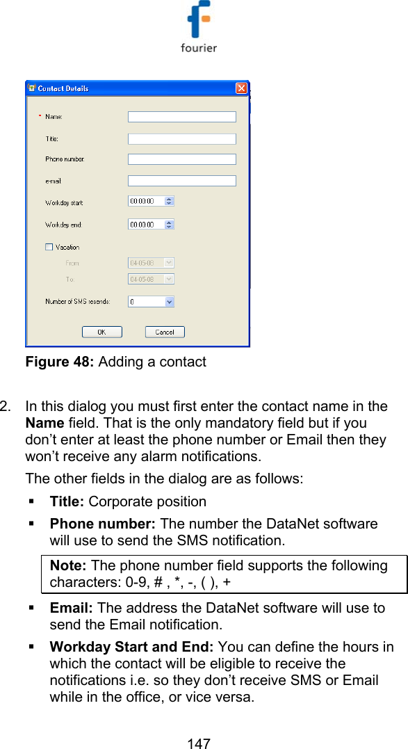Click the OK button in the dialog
[x=101, y=332]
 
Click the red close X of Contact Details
[x=241, y=88]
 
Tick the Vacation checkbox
[x=49, y=246]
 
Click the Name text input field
[x=182, y=117]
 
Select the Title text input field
[x=182, y=139]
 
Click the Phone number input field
[x=182, y=159]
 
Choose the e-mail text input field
[x=182, y=181]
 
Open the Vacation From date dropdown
[x=168, y=263]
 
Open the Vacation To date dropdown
[x=168, y=279]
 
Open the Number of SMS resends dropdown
[x=170, y=302]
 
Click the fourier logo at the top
[x=199, y=28]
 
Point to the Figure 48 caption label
[x=115, y=362]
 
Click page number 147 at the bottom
[x=199, y=743]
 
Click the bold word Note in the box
[x=69, y=566]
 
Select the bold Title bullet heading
[x=67, y=501]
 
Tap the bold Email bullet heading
[x=69, y=609]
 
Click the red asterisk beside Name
[x=39, y=116]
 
